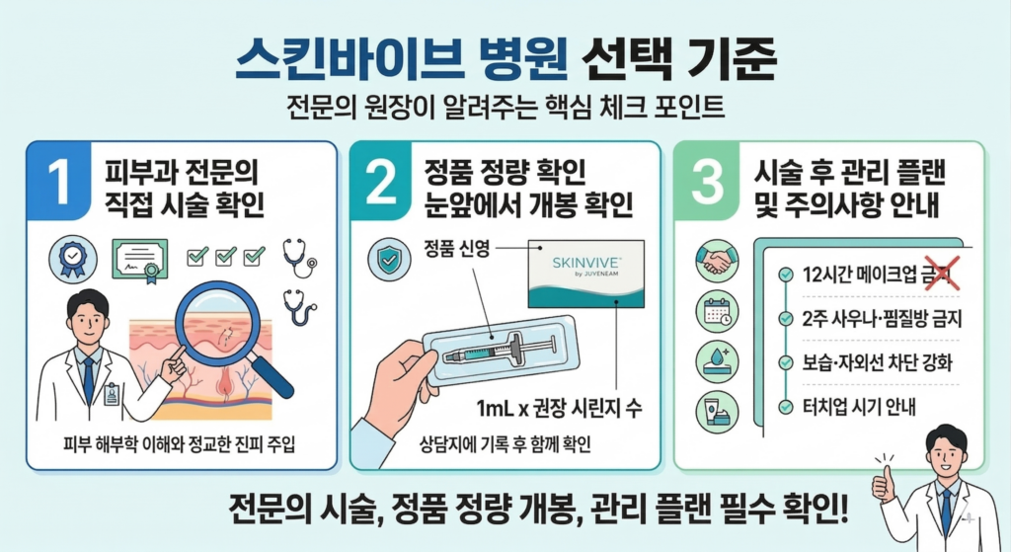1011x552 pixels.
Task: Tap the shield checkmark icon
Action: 386,259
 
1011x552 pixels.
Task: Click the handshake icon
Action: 716,263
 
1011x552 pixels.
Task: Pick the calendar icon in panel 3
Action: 716,312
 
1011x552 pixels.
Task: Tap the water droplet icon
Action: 716,361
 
